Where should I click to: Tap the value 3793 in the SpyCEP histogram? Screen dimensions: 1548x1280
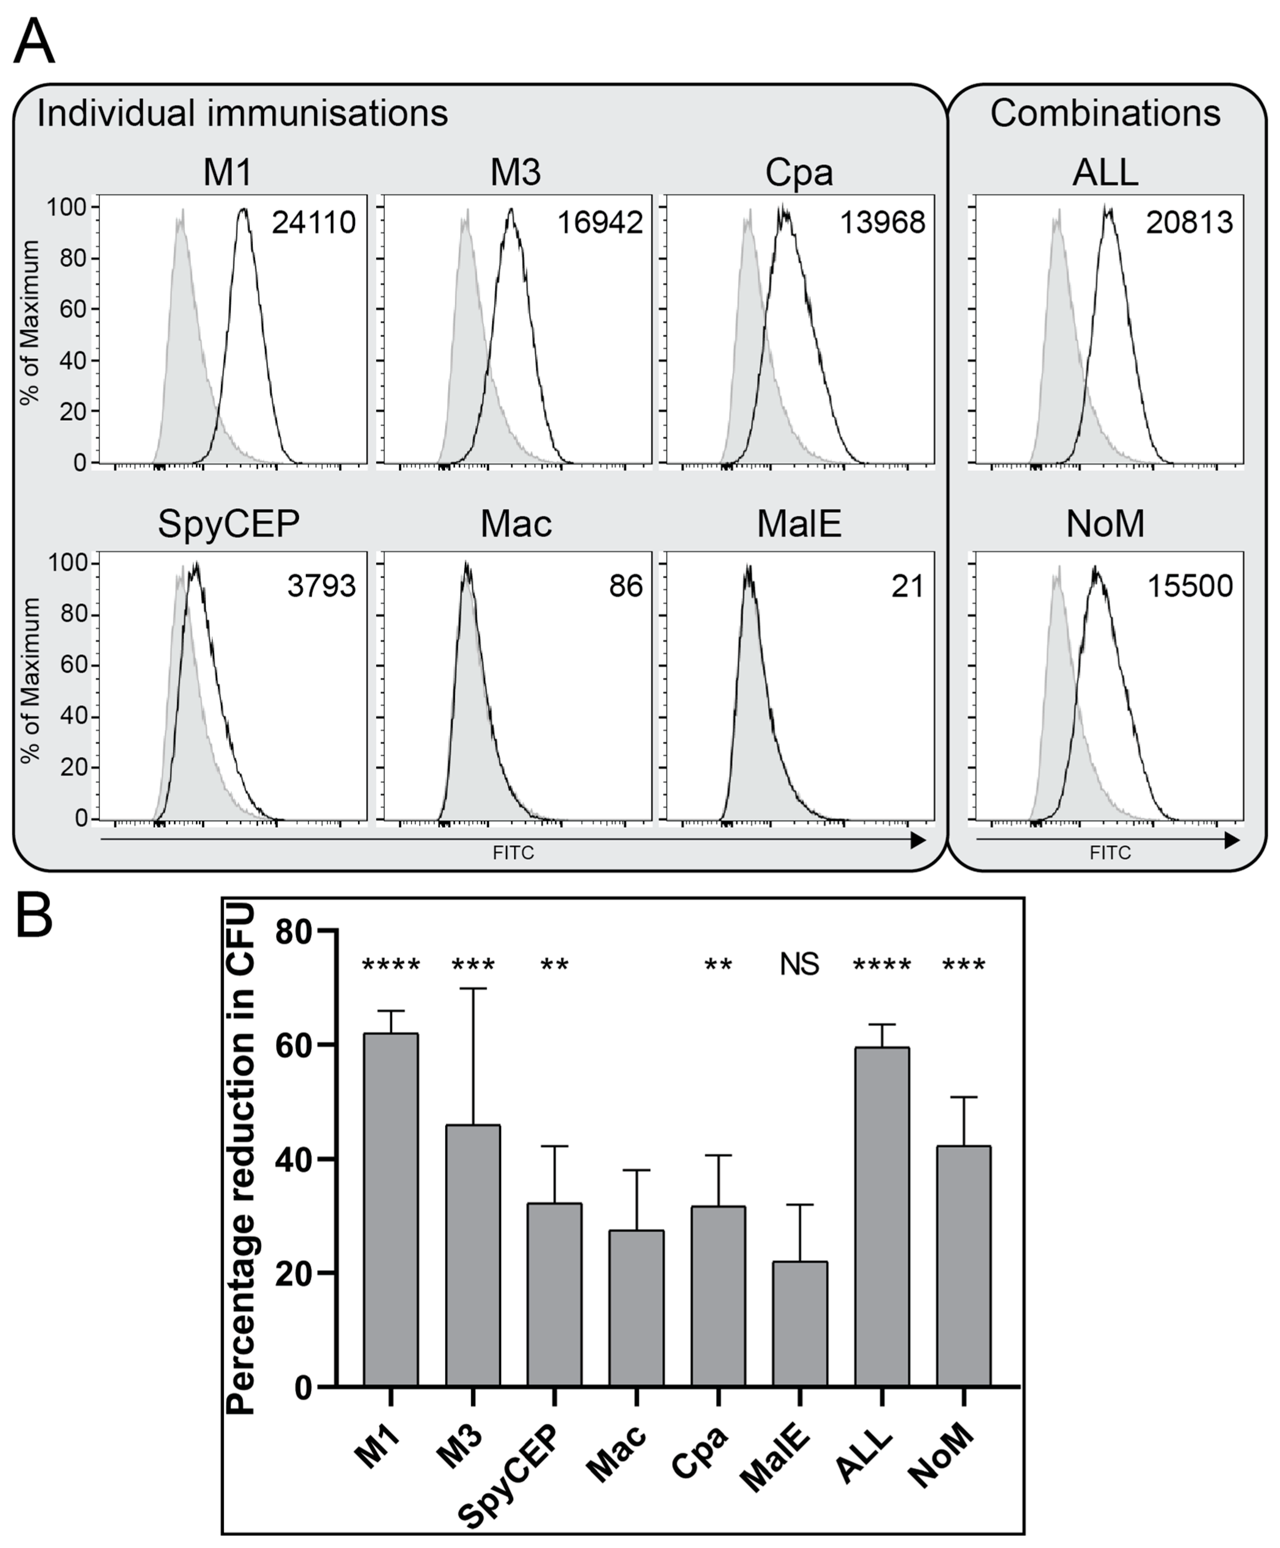(x=321, y=586)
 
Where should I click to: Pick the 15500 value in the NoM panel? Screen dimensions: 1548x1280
(x=1190, y=586)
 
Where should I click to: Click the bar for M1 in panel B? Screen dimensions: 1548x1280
(x=391, y=1209)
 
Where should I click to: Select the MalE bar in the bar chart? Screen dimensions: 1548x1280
(x=800, y=1323)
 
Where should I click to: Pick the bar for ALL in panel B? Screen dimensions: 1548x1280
(x=881, y=1216)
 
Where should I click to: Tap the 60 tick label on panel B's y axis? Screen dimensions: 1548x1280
(x=293, y=1045)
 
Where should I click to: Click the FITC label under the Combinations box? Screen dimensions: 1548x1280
(x=1110, y=853)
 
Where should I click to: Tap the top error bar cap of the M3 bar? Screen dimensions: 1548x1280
(x=473, y=988)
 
